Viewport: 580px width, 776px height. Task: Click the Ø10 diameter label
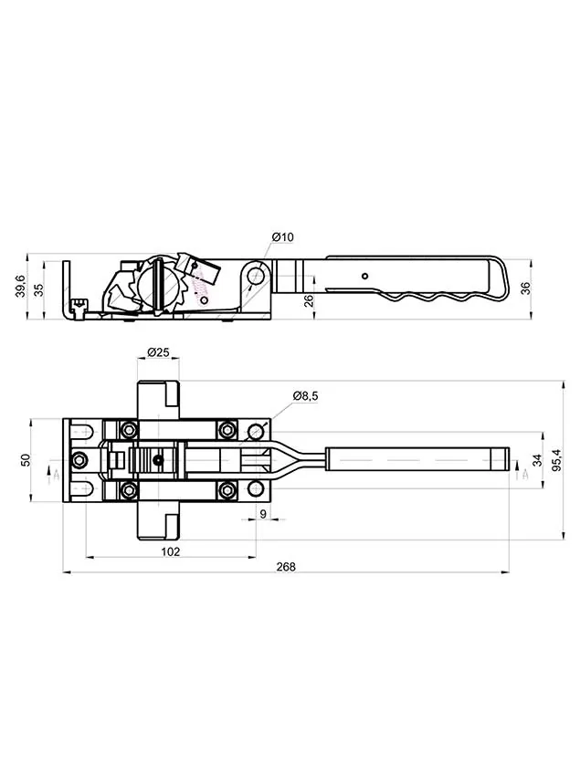283,237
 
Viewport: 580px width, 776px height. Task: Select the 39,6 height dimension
20,287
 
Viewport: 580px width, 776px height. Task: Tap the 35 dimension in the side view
39,289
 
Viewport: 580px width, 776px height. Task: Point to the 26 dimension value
309,300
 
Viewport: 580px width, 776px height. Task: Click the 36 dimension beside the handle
525,288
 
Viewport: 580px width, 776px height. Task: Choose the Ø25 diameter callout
159,352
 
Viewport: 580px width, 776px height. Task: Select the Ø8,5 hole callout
306,395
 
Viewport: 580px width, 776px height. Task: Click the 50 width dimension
26,460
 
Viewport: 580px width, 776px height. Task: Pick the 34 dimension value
537,460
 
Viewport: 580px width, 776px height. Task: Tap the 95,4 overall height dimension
557,460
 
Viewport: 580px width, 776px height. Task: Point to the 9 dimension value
263,514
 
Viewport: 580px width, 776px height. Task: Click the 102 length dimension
171,551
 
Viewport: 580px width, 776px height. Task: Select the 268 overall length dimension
286,567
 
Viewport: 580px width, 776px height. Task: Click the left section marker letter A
57,475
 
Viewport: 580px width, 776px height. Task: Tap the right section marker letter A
525,475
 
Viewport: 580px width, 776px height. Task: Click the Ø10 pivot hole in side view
256,275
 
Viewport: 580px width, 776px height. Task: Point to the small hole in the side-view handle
365,276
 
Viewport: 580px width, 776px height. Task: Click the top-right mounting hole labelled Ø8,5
255,431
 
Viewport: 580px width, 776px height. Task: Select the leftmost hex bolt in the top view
79,460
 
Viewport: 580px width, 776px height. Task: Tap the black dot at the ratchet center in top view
158,461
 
